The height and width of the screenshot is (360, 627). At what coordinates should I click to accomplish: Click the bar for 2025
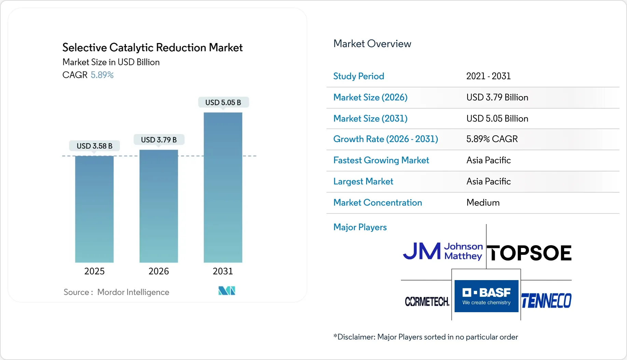click(94, 209)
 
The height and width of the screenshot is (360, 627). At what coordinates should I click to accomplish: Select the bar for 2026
click(158, 206)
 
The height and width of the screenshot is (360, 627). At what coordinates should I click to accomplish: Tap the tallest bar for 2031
click(223, 188)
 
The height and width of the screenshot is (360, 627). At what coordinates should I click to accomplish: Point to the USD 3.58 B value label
click(95, 146)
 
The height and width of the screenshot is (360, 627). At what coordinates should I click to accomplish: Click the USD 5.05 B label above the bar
click(223, 102)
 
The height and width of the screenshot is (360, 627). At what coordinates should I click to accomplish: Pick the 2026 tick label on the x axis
click(158, 271)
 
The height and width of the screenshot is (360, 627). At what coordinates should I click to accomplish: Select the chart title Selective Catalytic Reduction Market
click(152, 47)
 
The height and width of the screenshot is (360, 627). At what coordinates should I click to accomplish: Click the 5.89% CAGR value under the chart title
click(102, 75)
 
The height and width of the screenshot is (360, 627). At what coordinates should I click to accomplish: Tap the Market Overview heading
click(372, 44)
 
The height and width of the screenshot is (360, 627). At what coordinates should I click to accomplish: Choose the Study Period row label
click(359, 76)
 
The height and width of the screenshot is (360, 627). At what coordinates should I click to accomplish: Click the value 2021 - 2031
click(488, 76)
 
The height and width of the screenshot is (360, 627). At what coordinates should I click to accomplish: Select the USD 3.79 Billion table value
click(497, 97)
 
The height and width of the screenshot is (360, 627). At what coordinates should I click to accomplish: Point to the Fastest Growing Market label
click(381, 160)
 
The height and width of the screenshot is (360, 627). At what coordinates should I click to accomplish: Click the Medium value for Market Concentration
click(483, 203)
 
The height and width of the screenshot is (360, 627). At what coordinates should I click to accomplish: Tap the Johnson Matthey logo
click(443, 251)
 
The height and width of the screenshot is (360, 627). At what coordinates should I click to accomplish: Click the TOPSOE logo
click(529, 253)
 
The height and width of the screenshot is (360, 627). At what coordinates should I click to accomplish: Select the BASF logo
click(486, 296)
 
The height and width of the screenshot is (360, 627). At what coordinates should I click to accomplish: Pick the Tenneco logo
click(546, 301)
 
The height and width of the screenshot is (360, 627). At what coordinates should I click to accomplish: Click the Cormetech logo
click(427, 302)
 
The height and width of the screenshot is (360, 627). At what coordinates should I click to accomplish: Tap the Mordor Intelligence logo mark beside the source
click(227, 291)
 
